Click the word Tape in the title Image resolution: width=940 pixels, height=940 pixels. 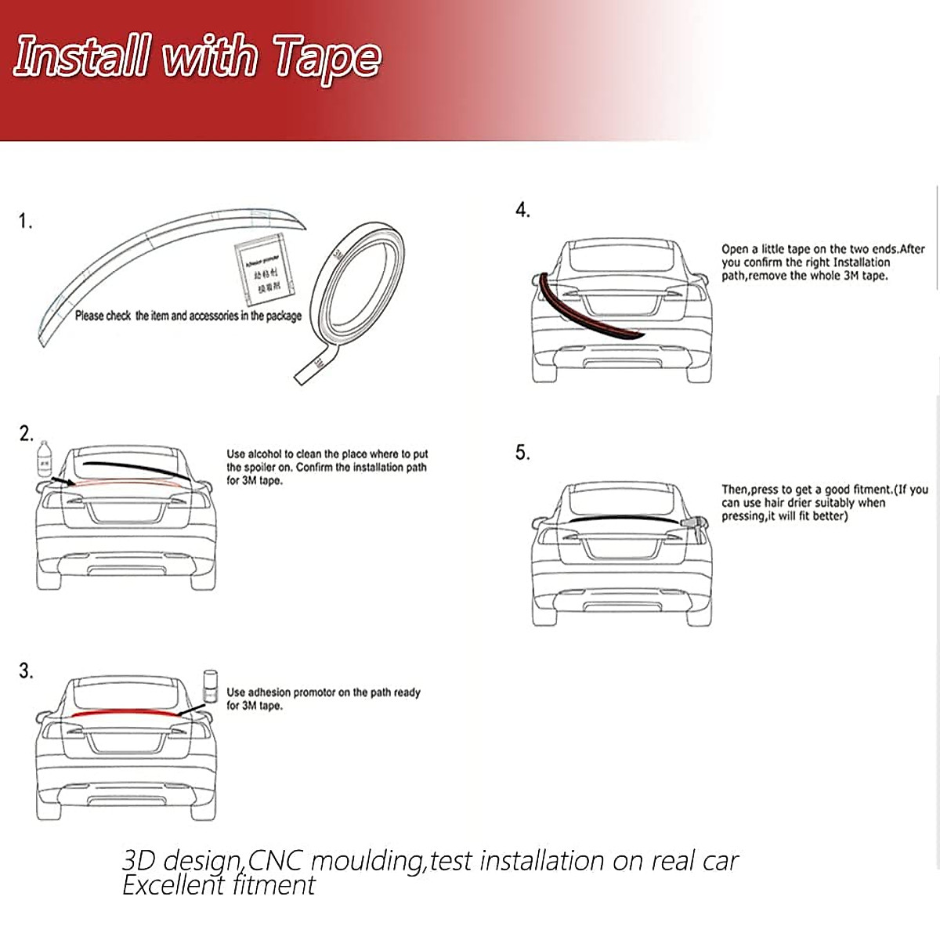pos(327,59)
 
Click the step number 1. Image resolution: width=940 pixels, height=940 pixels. pos(26,222)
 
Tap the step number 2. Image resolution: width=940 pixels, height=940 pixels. pos(27,434)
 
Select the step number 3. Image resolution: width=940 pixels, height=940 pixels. pos(27,671)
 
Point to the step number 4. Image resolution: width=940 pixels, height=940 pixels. pos(522,210)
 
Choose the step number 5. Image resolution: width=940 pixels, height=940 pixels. pos(522,453)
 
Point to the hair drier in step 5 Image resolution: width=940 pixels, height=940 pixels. pos(694,525)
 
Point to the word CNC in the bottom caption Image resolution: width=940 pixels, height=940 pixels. pos(276,861)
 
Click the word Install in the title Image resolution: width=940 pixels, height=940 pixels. pos(81,57)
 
